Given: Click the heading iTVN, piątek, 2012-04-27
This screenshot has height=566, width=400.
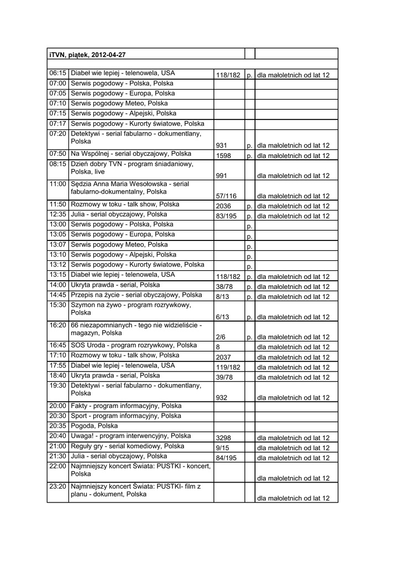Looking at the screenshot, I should pos(88,54).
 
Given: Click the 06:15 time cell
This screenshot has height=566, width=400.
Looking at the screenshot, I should pos(57,73).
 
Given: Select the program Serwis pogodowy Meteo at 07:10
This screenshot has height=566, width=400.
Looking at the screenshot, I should pos(119,103).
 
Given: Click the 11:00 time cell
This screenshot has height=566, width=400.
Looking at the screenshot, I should pos(57,184).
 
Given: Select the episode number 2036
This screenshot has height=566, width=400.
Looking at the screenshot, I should pos(224,206).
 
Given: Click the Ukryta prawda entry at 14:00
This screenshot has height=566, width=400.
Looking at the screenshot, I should pos(115,285).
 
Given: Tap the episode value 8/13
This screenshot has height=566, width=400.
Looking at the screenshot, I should pos(223,297).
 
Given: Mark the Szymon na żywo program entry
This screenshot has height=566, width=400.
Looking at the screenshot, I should pos(131,308).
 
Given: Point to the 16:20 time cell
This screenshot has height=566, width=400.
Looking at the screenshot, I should pos(57,325).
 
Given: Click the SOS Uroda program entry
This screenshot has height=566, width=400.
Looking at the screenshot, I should pos(134,345).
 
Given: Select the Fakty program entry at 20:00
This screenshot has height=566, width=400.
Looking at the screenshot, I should pos(126,406).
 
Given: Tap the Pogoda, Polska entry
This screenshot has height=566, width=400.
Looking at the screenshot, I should pos(94,426).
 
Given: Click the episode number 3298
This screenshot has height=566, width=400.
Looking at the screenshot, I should pos(224,438).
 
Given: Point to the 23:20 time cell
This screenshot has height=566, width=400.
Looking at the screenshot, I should pos(57,486).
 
